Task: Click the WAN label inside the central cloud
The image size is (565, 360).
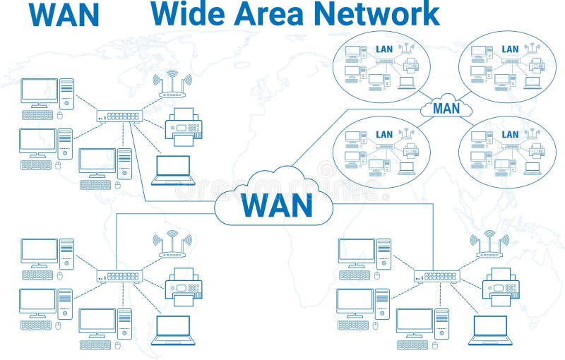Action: pyautogui.click(x=276, y=204)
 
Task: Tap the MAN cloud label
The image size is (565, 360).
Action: pyautogui.click(x=446, y=108)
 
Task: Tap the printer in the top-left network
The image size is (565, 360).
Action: pyautogui.click(x=183, y=127)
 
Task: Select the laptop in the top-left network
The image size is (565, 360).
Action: pyautogui.click(x=172, y=170)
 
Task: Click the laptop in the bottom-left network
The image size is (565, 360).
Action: pyautogui.click(x=172, y=330)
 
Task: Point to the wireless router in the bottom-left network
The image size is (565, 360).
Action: pyautogui.click(x=172, y=244)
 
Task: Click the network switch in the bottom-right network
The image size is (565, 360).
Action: pyautogui.click(x=436, y=276)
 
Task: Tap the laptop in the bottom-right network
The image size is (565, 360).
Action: pyautogui.click(x=490, y=330)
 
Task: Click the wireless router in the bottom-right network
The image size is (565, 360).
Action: pyautogui.click(x=489, y=244)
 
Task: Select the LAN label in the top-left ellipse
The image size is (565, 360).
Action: pyautogui.click(x=383, y=49)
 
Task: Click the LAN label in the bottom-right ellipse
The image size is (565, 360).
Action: pyautogui.click(x=509, y=134)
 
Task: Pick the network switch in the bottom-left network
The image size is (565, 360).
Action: pyautogui.click(x=119, y=276)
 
